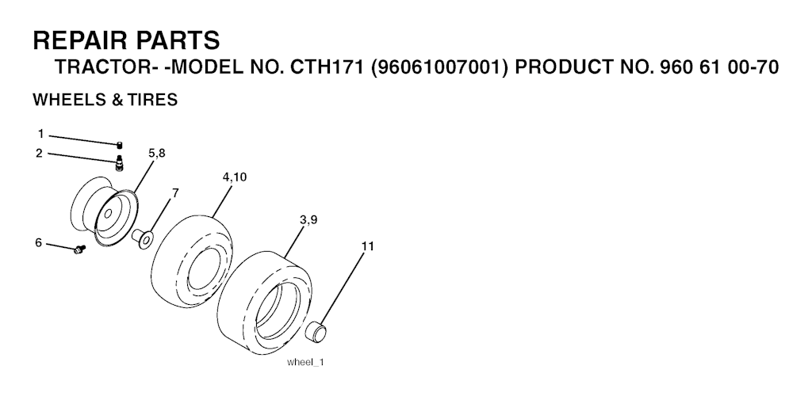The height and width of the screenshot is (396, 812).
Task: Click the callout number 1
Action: tap(40, 134)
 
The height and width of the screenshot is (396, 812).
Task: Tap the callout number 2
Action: tap(40, 153)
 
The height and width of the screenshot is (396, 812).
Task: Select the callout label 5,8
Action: tap(156, 153)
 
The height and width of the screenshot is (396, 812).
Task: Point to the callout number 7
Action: tap(175, 192)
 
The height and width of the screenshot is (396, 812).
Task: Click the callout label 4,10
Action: tap(235, 177)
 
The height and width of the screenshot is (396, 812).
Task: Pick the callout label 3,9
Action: tap(308, 219)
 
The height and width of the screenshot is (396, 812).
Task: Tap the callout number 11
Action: tap(367, 246)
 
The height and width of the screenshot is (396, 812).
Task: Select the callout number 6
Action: tap(38, 242)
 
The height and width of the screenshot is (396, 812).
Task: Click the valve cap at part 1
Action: tap(120, 144)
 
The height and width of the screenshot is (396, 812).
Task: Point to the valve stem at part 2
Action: tap(120, 163)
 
